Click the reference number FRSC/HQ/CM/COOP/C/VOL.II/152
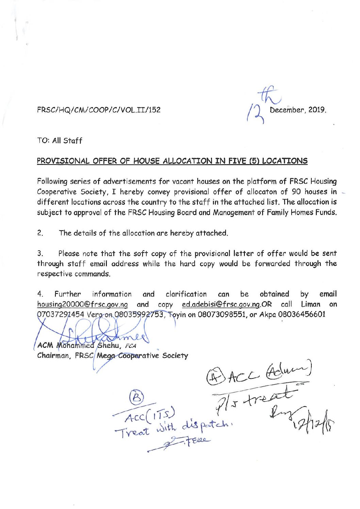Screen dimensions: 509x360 (x=99, y=110)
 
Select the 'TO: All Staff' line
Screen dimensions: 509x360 (x=60, y=140)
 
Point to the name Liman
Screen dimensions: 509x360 (x=311, y=304)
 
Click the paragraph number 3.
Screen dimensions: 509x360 (x=40, y=253)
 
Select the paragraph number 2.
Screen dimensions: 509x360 (x=40, y=233)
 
